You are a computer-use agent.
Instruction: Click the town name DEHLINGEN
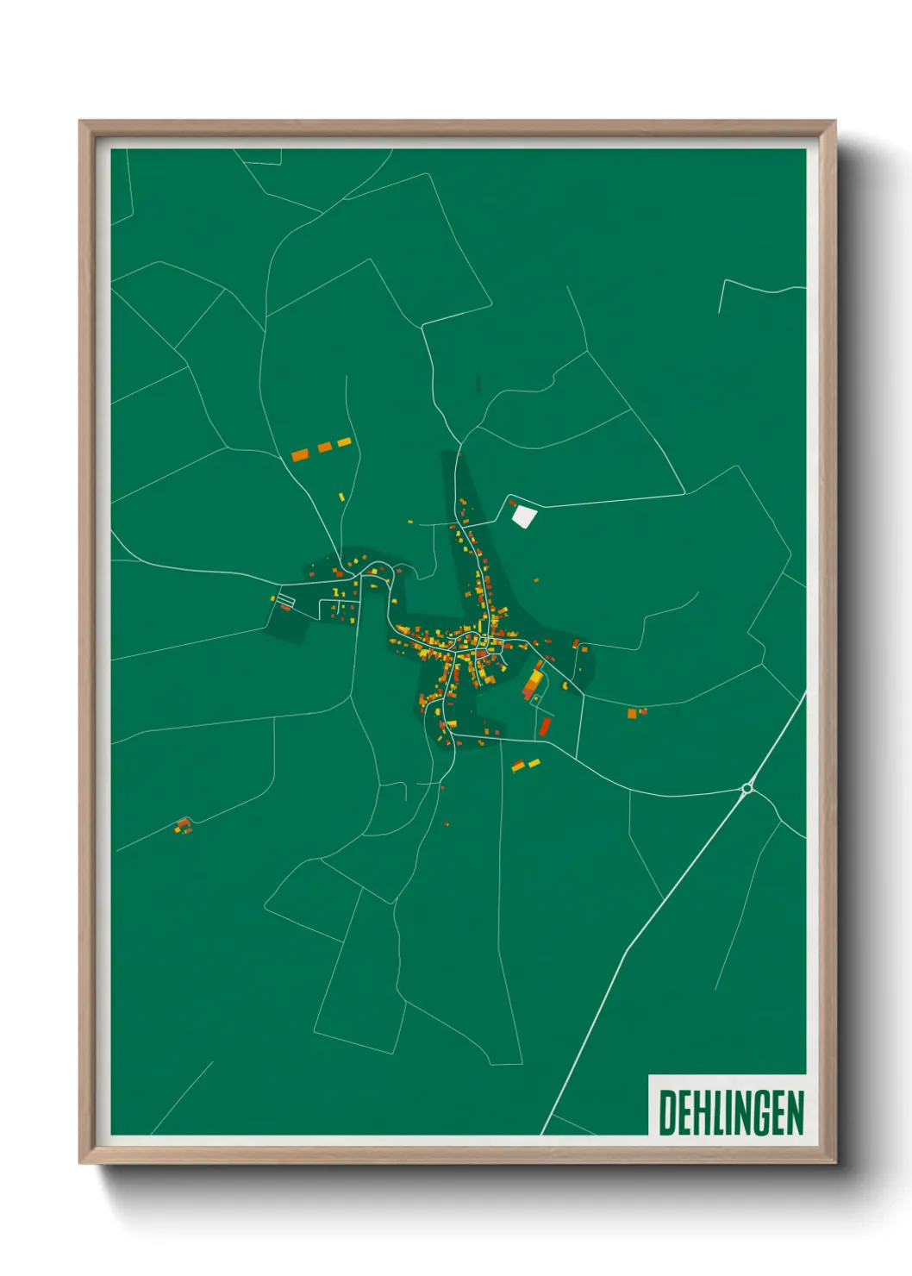731,1112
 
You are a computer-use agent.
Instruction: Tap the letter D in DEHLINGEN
667,1112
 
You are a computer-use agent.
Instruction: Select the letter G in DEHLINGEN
770,1112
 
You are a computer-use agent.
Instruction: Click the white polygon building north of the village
523,516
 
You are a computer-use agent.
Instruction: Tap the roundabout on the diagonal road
746,787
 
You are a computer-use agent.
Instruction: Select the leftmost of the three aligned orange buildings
300,454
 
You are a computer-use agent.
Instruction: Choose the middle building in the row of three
324,447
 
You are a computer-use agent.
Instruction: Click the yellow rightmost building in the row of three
344,442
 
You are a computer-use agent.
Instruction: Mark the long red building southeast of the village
545,727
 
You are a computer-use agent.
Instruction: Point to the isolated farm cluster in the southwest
182,826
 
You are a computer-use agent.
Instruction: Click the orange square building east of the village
632,713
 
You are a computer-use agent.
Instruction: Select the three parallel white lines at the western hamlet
285,598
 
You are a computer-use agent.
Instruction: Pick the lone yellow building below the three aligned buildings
342,497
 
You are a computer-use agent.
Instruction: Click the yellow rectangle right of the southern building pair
534,763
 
